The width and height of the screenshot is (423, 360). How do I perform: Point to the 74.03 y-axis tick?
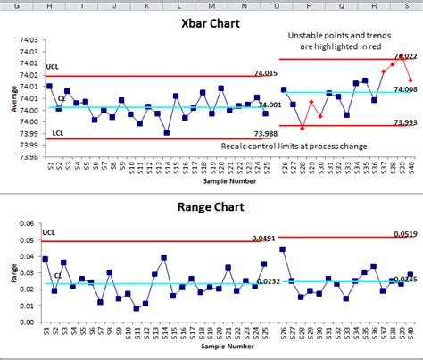click(x=28, y=40)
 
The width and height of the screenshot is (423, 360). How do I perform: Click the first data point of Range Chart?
click(x=46, y=259)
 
